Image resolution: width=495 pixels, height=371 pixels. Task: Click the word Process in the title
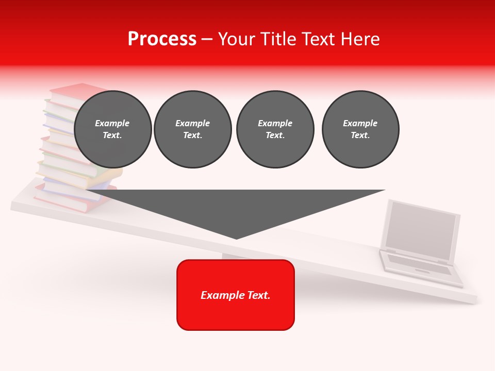click(162, 39)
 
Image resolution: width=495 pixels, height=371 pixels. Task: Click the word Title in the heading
click(274, 39)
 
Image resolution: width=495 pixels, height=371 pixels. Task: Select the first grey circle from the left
click(113, 129)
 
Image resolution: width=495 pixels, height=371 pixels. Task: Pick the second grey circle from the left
click(193, 129)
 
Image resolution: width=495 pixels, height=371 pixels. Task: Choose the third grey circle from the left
click(275, 129)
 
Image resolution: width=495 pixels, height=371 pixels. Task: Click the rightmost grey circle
click(360, 129)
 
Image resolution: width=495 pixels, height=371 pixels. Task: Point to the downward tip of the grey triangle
click(236, 238)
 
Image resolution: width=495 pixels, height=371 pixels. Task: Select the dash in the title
click(207, 40)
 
